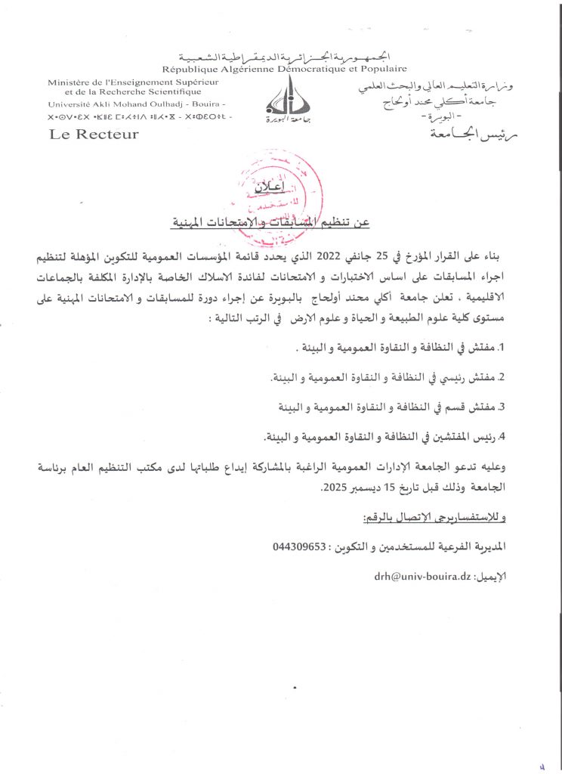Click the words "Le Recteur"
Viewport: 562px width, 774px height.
pos(94,135)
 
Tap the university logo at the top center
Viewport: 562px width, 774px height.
pos(283,98)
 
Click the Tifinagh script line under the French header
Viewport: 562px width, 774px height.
pos(140,118)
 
